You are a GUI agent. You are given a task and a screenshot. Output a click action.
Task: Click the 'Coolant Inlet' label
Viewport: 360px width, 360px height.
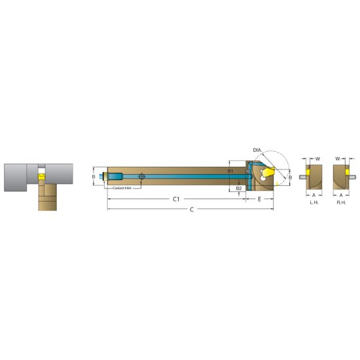click(122, 188)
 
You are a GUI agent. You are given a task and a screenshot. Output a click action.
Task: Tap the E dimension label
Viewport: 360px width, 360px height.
click(260, 198)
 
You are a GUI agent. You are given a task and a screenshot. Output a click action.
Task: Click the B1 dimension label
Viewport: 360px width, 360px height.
click(230, 171)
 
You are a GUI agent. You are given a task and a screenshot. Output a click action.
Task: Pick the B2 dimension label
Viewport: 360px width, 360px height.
click(239, 188)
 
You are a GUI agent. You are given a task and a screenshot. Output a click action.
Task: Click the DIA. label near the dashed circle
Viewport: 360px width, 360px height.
click(257, 151)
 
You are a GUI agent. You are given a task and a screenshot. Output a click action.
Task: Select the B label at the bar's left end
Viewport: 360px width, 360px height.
click(94, 177)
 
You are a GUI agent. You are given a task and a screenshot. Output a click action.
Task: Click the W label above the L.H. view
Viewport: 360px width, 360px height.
click(318, 158)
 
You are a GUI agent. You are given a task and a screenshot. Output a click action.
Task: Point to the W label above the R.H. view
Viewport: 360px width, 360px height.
click(338, 158)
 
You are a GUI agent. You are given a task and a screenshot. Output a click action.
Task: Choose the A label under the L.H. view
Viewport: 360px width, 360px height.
click(314, 195)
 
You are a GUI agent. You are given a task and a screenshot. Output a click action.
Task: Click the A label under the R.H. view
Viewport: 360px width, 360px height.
click(341, 195)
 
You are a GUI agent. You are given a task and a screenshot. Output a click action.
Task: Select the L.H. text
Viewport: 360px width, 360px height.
click(314, 203)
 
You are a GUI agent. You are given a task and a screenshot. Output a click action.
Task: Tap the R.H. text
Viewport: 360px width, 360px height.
click(341, 203)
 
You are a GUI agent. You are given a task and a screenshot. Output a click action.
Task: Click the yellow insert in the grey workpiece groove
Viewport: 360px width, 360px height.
click(41, 176)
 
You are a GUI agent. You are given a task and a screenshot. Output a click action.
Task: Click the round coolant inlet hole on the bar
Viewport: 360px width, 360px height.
click(142, 177)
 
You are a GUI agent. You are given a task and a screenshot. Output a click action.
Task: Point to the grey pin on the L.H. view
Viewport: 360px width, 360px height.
click(304, 175)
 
